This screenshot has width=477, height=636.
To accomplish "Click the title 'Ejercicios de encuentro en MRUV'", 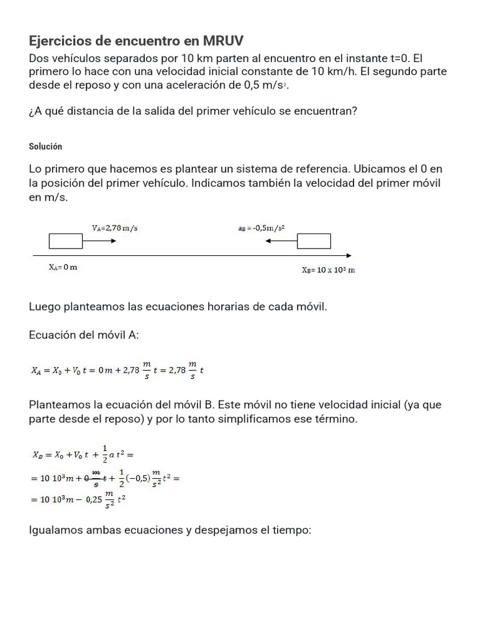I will (137, 41).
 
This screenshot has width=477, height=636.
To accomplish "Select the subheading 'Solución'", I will (45, 147).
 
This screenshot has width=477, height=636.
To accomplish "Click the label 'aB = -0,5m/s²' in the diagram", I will (261, 228).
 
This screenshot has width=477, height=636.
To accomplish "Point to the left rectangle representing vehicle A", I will (66, 241).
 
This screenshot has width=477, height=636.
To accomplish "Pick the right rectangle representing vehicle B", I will (313, 241).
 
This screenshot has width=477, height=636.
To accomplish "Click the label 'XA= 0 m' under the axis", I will (63, 267).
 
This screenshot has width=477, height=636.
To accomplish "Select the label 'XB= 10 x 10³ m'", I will (328, 270).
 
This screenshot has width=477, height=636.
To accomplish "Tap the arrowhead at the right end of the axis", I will (349, 255).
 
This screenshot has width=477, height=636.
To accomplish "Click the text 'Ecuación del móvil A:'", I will (84, 335).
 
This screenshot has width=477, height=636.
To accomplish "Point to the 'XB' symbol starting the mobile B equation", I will (37, 455).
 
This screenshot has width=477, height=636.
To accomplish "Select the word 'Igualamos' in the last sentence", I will (54, 531).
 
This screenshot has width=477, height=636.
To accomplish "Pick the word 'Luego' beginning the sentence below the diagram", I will (43, 307).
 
